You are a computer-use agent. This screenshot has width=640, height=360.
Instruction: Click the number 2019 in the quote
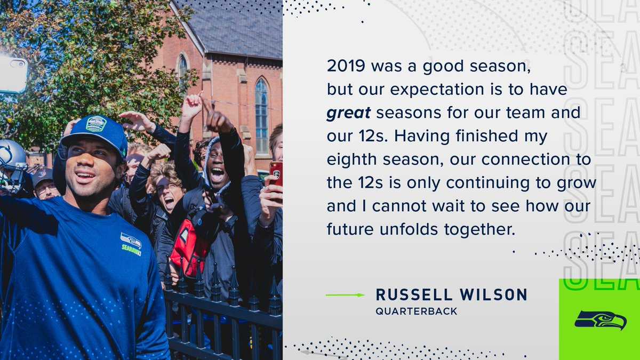(346, 66)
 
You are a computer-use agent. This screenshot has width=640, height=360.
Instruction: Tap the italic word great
(349, 113)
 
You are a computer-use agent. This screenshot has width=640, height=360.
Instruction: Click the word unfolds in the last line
(409, 229)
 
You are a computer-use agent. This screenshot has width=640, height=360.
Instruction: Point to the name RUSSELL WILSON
(451, 294)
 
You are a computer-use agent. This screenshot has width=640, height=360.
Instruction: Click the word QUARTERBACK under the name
(417, 311)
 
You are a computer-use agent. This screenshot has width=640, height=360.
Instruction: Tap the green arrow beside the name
(345, 295)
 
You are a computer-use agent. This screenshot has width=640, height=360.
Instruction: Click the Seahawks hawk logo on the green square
(601, 320)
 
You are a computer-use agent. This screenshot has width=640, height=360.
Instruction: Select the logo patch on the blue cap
(97, 124)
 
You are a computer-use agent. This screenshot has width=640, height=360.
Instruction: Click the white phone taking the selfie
(13, 75)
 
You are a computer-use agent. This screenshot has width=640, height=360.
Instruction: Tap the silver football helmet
(12, 166)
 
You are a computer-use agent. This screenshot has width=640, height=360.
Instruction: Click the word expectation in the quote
(437, 90)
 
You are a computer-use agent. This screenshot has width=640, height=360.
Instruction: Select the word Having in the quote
(422, 137)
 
